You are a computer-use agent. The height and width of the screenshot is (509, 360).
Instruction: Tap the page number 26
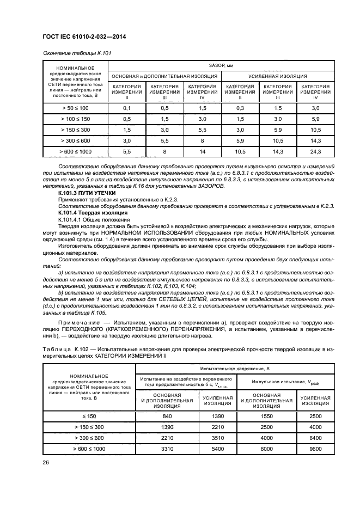click(x=46, y=462)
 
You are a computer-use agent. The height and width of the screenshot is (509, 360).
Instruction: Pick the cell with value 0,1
click(x=127, y=108)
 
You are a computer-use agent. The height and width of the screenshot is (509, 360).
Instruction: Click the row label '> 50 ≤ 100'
click(x=76, y=108)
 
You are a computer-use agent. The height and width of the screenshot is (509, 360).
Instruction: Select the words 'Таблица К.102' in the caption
click(x=64, y=347)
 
